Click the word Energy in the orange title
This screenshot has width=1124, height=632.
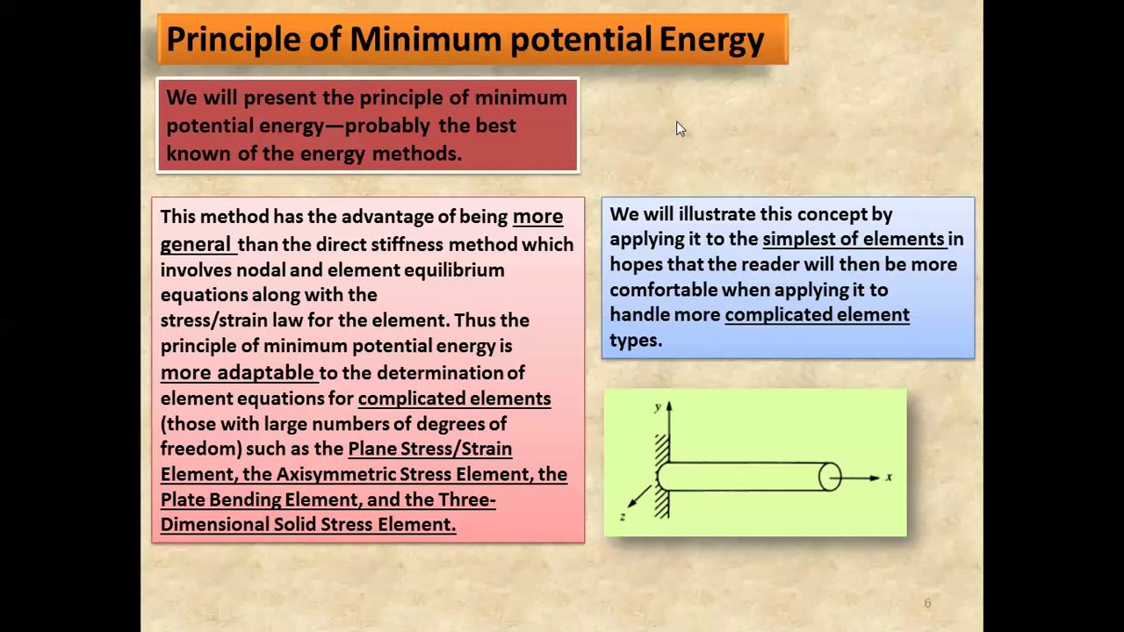coord(711,40)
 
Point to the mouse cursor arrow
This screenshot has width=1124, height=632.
coord(680,129)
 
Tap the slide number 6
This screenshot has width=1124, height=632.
coord(927,603)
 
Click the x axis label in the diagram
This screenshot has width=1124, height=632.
coord(889,478)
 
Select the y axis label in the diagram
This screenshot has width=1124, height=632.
coord(657,407)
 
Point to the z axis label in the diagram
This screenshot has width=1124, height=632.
coord(623,516)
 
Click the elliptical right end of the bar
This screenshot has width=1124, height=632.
coord(830,477)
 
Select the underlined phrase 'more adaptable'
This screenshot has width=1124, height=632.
coord(237,372)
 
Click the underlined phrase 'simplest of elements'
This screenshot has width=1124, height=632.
coord(854,239)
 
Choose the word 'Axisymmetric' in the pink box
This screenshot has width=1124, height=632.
coord(334,474)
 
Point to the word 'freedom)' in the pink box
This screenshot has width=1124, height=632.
coord(200,449)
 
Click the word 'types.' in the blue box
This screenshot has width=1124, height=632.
coord(635,341)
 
